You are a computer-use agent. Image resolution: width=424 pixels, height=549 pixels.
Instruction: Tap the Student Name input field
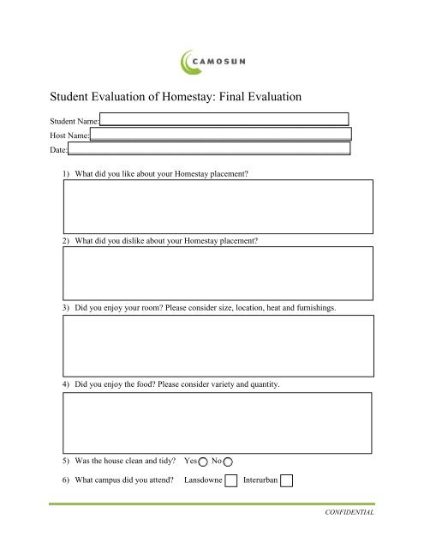[225, 119]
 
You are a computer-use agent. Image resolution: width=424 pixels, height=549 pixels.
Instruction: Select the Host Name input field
[222, 134]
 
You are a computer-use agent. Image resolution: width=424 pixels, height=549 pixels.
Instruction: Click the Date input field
[210, 148]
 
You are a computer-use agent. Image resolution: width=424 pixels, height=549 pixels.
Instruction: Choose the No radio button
[228, 461]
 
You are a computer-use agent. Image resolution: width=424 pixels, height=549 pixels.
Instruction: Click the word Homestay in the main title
[160, 99]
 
